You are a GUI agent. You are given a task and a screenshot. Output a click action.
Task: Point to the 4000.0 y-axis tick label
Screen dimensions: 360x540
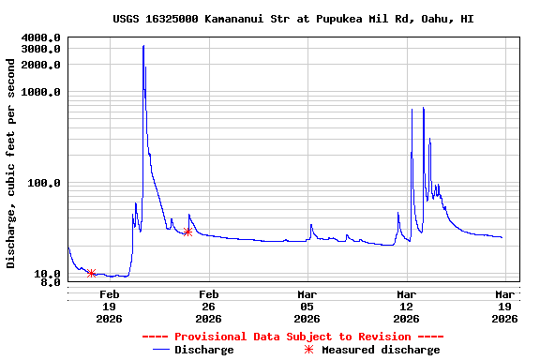41,37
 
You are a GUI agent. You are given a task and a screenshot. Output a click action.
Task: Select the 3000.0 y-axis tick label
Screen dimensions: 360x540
41,49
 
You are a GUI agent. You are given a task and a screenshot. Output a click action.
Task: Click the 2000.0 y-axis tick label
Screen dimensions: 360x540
41,65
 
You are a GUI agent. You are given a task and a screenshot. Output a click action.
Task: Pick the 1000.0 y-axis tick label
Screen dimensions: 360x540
41,92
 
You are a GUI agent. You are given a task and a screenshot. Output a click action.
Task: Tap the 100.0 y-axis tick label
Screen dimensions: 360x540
44,183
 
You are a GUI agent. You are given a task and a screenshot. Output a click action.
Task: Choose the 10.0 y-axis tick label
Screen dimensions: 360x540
48,274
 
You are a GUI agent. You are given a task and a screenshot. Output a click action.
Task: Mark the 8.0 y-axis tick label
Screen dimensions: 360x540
51,282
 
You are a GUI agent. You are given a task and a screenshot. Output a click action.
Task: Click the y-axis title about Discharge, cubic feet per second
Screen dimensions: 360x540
11,163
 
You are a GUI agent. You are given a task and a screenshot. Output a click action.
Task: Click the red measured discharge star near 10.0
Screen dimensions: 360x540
91,274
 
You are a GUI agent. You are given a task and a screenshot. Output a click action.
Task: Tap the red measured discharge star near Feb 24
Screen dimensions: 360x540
187,232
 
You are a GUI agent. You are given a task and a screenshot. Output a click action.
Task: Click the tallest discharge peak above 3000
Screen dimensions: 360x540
143,46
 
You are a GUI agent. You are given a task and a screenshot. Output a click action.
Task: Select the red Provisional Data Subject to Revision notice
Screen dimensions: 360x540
292,337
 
